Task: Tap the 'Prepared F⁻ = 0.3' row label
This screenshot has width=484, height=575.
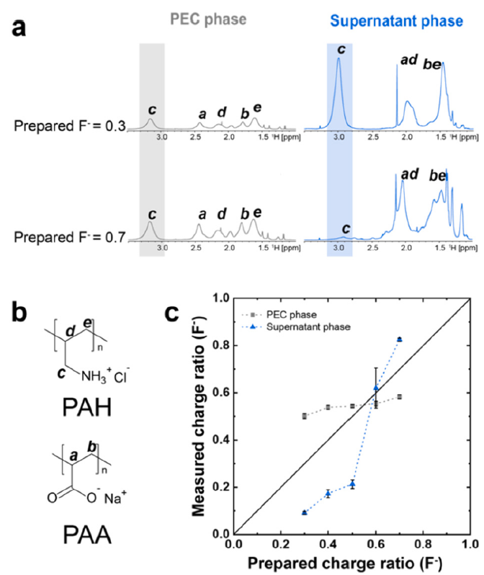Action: pyautogui.click(x=69, y=126)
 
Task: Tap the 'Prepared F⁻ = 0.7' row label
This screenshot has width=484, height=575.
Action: pyautogui.click(x=69, y=236)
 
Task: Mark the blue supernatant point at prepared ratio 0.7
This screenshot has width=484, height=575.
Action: pyautogui.click(x=399, y=339)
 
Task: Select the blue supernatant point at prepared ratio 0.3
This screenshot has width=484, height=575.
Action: pyautogui.click(x=304, y=512)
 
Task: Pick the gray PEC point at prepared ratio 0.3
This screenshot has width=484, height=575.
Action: pyautogui.click(x=304, y=416)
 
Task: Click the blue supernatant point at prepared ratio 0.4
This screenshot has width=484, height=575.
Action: pyautogui.click(x=328, y=494)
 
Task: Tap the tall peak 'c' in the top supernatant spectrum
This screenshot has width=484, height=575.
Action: pyautogui.click(x=339, y=72)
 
